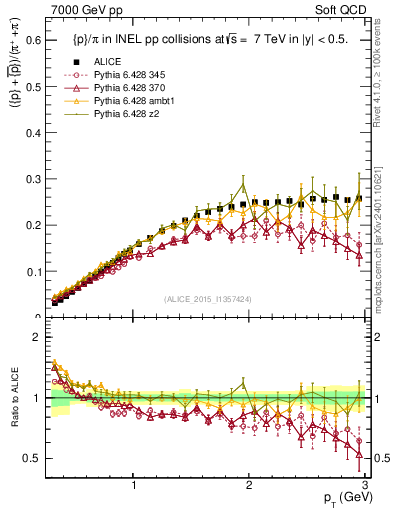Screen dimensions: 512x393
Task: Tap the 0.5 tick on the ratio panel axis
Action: [x=34, y=458]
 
